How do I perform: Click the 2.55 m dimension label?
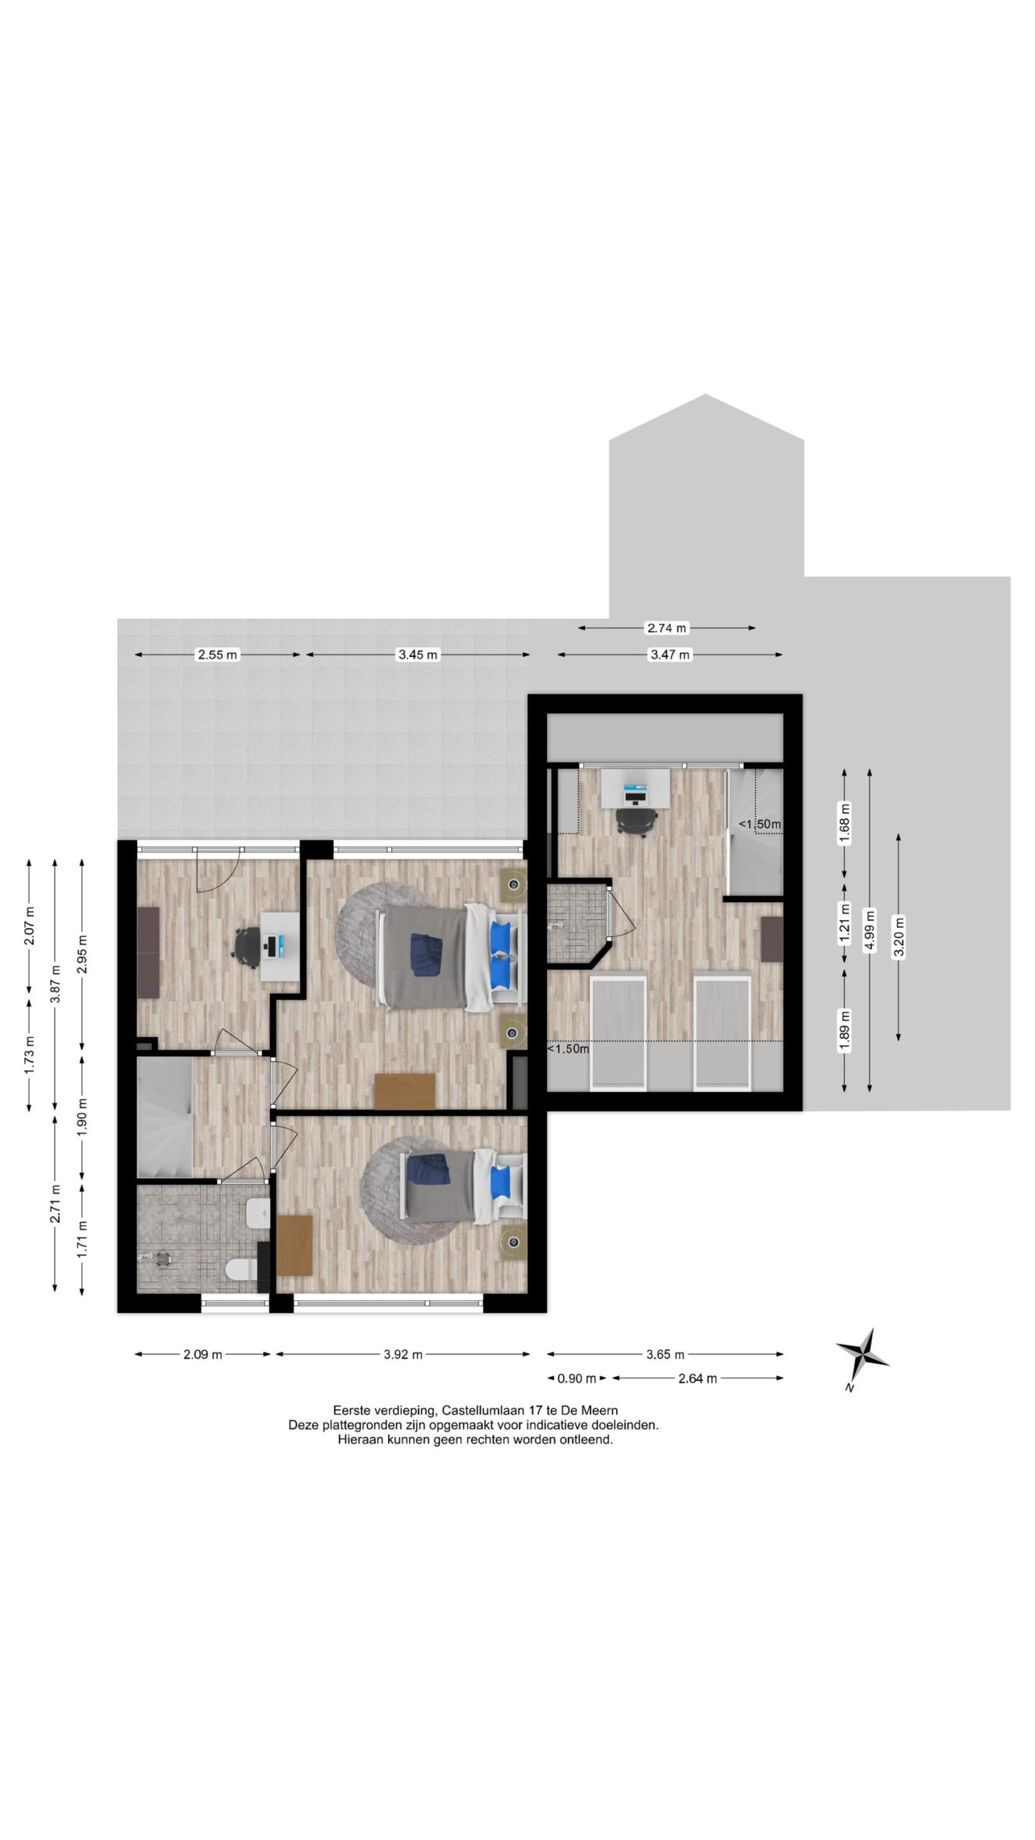coord(217,655)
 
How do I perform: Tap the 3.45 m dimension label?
coord(418,655)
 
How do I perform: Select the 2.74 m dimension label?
coord(667,628)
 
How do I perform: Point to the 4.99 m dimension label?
coord(870,929)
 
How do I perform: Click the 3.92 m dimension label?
coord(402,1355)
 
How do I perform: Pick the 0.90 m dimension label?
coord(577,1379)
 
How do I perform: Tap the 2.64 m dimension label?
coord(697,1379)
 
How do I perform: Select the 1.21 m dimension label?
coord(845,924)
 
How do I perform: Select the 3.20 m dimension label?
coord(898,937)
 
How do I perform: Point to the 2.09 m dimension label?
coord(203,1355)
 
